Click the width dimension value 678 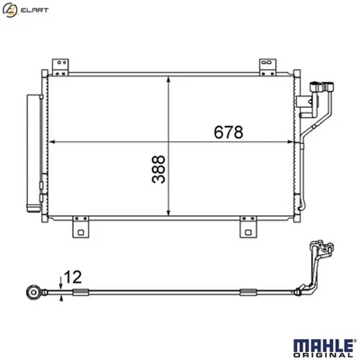[227, 133]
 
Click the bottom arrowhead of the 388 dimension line [170, 217]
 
